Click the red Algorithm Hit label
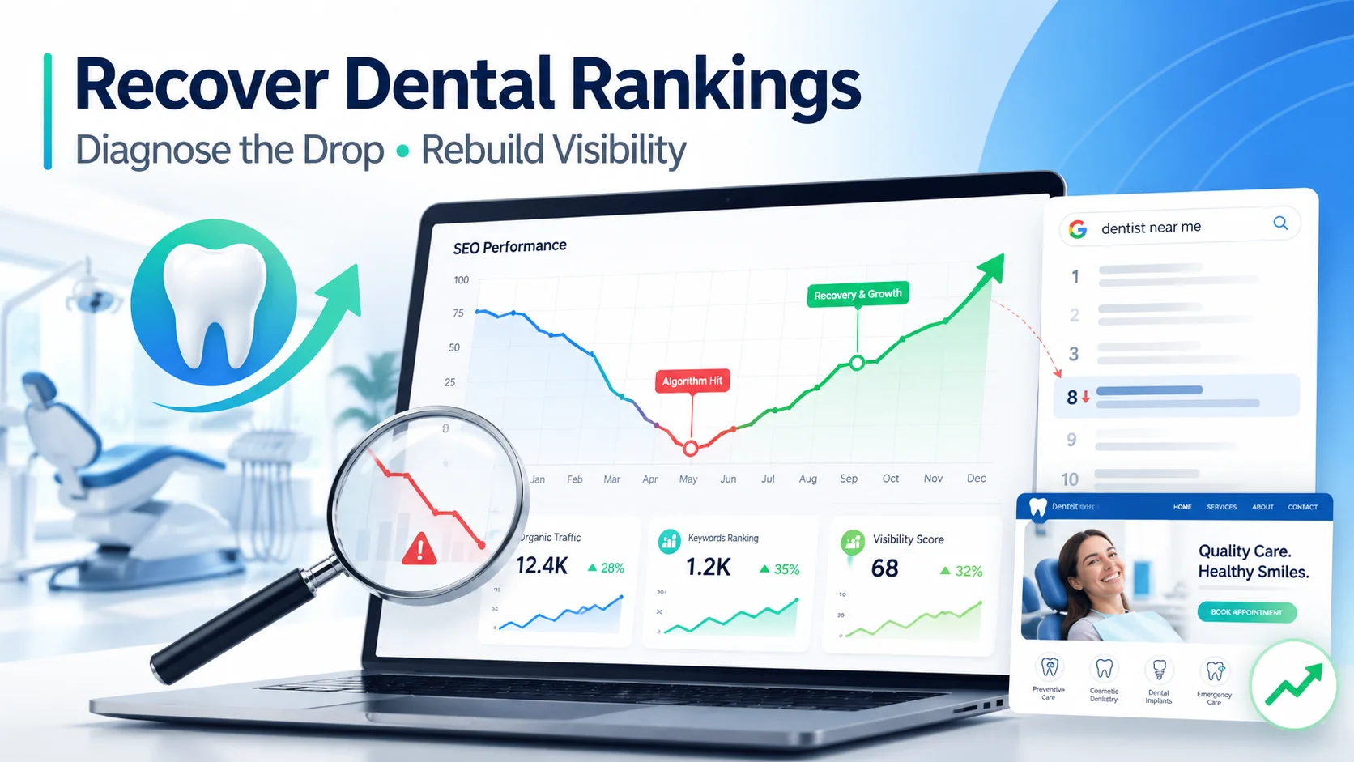[692, 381]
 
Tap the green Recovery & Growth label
[858, 294]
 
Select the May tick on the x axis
[688, 479]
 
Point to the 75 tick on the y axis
[458, 313]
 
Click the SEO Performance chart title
[509, 246]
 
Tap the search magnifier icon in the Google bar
[1280, 223]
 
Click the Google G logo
[1078, 229]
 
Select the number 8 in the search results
[1072, 397]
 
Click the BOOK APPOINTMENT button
[1246, 612]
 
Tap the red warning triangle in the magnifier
[419, 549]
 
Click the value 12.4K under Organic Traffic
[542, 565]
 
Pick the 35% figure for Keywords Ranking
[786, 569]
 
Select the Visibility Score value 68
[884, 568]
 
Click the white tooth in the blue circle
[215, 304]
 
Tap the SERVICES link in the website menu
[1221, 507]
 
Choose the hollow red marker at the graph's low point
[691, 448]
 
